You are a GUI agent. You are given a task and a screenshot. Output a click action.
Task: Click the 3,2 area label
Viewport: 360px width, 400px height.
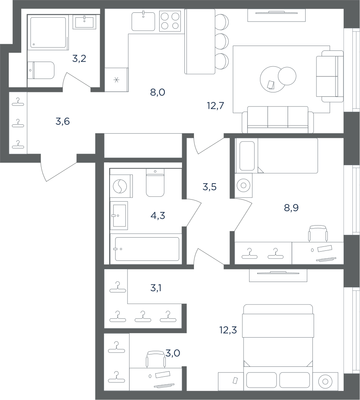79,59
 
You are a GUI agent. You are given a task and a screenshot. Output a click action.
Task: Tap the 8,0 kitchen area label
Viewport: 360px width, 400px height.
158,92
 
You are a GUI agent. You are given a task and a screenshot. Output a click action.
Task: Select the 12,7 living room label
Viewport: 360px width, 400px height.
216,105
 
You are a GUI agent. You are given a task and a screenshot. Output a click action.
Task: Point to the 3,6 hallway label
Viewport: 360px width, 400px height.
62,122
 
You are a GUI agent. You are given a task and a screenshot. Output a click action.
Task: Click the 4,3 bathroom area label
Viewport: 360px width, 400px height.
158,216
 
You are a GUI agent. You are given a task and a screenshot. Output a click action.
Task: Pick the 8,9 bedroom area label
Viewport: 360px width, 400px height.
291,208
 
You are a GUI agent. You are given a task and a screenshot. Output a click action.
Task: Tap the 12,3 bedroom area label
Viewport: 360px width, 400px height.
228,330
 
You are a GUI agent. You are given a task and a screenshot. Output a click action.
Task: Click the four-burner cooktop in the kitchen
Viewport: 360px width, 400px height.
170,21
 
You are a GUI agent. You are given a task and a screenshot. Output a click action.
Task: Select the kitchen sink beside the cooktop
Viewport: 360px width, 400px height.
143,21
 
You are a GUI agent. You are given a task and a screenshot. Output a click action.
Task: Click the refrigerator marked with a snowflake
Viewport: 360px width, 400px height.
116,80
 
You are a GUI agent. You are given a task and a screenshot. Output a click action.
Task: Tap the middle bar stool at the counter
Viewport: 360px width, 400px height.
222,41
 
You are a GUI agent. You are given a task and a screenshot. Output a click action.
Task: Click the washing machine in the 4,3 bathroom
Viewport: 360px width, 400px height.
121,186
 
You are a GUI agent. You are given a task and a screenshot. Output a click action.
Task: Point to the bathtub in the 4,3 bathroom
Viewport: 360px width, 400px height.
147,249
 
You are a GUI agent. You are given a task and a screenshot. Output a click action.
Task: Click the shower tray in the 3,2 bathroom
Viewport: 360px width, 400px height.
48,32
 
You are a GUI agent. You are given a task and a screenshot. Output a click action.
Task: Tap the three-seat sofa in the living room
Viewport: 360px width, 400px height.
278,120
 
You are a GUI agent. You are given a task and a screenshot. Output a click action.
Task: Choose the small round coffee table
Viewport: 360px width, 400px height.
287,76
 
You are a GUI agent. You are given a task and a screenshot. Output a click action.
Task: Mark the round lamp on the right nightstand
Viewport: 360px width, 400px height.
325,382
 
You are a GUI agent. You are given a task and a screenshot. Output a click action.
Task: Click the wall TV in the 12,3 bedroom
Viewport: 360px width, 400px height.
278,273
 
